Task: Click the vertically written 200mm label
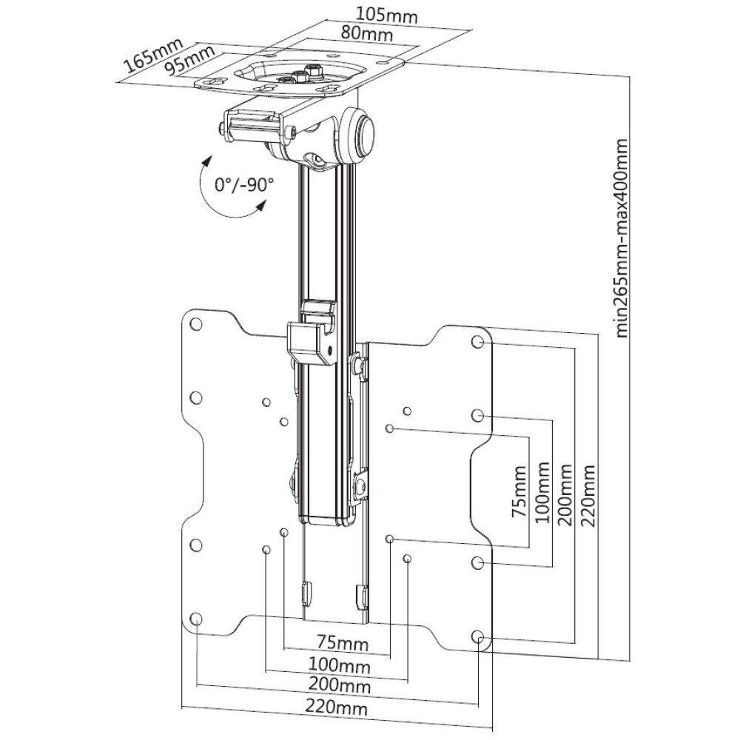click(x=566, y=494)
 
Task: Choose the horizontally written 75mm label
click(x=339, y=643)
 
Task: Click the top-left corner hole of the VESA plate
click(x=196, y=325)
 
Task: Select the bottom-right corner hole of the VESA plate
click(x=479, y=636)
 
